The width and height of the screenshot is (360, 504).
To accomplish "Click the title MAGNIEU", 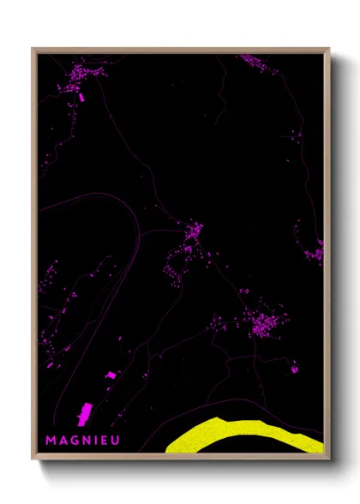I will pos(82,439).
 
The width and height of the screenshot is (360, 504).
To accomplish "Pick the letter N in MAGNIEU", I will pos(86,439).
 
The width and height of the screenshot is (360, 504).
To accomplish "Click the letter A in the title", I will pos(62,439).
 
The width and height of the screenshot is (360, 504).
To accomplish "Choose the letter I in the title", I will pos(95,439).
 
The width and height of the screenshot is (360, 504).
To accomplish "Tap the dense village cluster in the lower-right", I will pos(261,322).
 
